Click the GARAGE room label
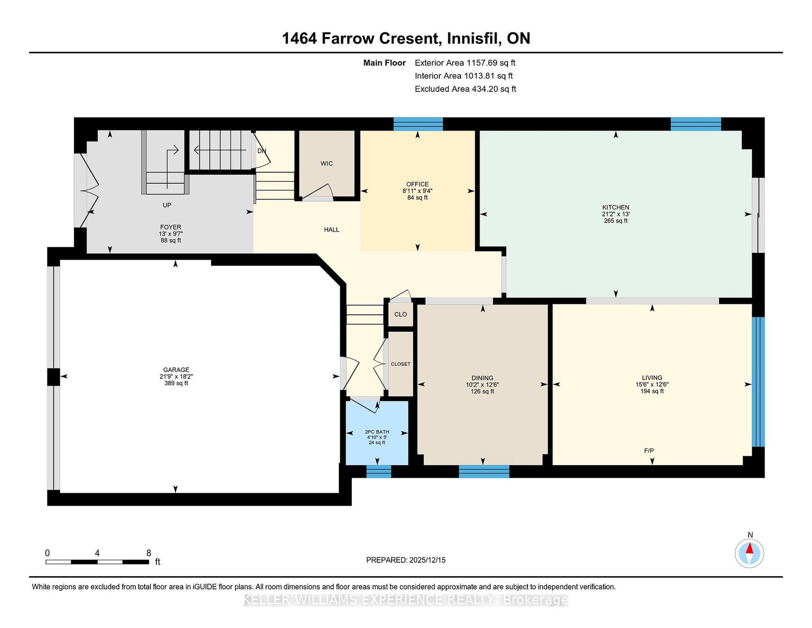coord(176,370)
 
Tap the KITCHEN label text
coord(616,207)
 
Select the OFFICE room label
coord(418,184)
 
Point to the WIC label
coord(327,163)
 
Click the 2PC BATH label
coord(377,432)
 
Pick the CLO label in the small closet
coord(401,314)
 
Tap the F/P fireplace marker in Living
coord(649,451)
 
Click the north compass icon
coord(750,554)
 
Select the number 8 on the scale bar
coord(149,553)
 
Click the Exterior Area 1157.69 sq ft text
coord(465,63)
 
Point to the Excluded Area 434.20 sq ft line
coord(465,89)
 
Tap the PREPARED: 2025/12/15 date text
coord(406,560)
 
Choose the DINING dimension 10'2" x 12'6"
coord(482,385)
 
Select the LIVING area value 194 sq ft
coord(652,391)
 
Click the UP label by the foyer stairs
coord(167,205)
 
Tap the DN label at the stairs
coord(262,151)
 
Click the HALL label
coord(332,230)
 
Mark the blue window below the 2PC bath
coord(378,471)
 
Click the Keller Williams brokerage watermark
coord(406,600)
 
